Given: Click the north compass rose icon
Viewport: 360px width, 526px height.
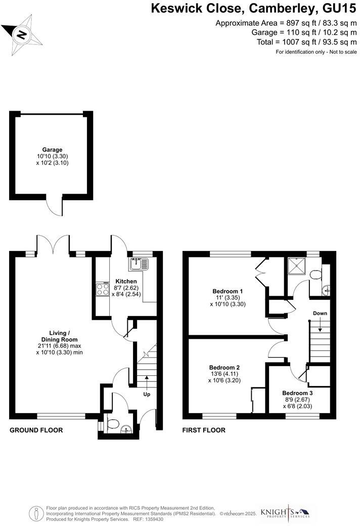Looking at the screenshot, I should click(22, 34).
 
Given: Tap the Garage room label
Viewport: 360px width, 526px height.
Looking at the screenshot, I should click(52, 150).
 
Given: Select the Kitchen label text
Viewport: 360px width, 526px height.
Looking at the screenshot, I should click(126, 281).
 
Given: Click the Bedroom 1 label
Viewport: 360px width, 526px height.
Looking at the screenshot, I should click(228, 291).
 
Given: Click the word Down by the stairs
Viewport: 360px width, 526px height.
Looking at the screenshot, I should click(320, 314).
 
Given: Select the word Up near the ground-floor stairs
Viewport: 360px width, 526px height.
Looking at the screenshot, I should click(147, 393).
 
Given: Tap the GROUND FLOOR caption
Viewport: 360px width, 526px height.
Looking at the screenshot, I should click(36, 430).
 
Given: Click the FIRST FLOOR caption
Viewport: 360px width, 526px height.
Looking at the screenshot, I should click(204, 430).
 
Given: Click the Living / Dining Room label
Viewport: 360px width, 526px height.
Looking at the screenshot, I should click(59, 336).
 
